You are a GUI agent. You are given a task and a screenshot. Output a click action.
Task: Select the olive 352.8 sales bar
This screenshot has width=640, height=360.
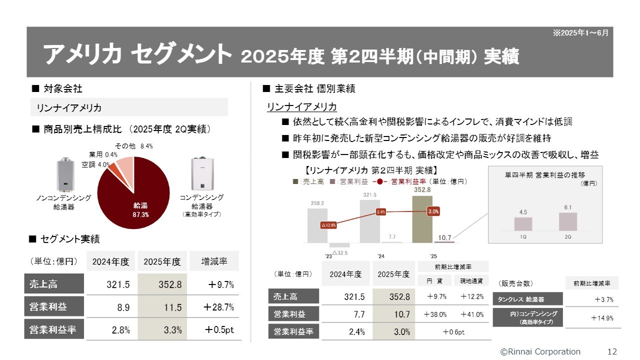pos(422,219)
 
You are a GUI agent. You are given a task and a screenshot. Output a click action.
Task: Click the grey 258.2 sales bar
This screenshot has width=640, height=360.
pos(317,225)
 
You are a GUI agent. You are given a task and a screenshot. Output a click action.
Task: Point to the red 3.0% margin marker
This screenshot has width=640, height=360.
pos(433,211)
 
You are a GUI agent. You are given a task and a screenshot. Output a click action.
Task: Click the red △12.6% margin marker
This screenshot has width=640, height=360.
pos(328,225)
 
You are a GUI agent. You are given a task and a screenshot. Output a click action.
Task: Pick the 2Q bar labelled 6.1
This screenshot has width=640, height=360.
pos(567,221)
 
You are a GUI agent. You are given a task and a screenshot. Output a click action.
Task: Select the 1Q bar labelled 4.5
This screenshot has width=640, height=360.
pos(523,223)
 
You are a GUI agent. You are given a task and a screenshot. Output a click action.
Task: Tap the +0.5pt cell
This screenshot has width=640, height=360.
pos(218,330)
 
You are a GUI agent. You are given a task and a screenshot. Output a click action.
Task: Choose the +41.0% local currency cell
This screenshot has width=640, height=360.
pos(472,314)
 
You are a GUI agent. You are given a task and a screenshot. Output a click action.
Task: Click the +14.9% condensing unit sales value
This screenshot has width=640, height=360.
pos(601,318)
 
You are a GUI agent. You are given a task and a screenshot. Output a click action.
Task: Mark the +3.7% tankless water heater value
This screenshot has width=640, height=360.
pos(603,300)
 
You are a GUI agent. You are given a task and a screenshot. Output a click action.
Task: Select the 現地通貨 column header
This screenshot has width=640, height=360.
pos(471,281)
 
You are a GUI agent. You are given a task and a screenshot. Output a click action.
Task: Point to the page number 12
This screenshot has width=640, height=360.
pos(612,351)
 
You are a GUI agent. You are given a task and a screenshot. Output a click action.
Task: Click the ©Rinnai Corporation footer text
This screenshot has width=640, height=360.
pos(540,351)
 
